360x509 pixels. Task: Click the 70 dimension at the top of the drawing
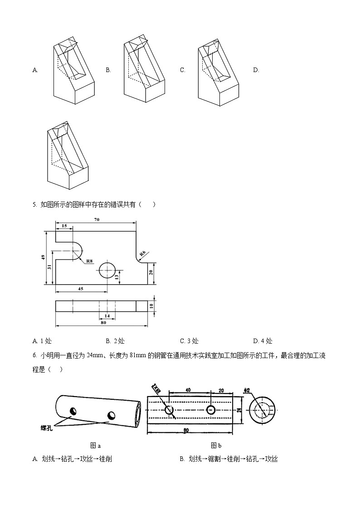pos(97,220)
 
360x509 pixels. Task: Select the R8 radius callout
pos(89,261)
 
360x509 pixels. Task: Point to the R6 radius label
pos(142,254)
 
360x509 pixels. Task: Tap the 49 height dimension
pos(44,257)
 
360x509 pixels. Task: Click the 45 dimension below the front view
pos(80,289)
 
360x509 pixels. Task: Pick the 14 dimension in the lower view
pos(107,315)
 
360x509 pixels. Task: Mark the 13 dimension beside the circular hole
pos(117,276)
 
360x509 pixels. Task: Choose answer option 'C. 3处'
pos(189,341)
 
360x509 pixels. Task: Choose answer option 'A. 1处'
pos(42,341)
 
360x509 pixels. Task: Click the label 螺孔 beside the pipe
pos(46,427)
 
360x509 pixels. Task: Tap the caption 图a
pos(95,446)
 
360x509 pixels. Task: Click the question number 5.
pos(34,204)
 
